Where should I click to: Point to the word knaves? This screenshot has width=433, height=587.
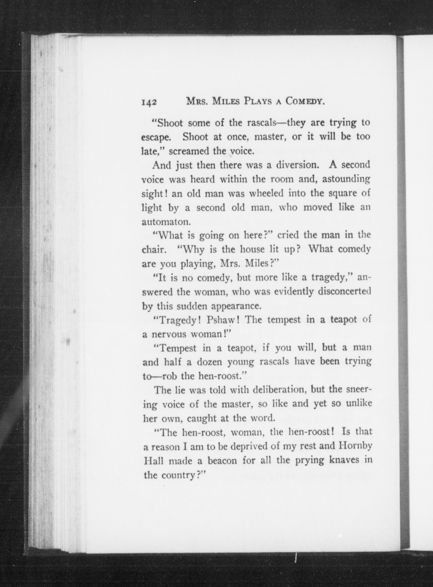tap(342, 460)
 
